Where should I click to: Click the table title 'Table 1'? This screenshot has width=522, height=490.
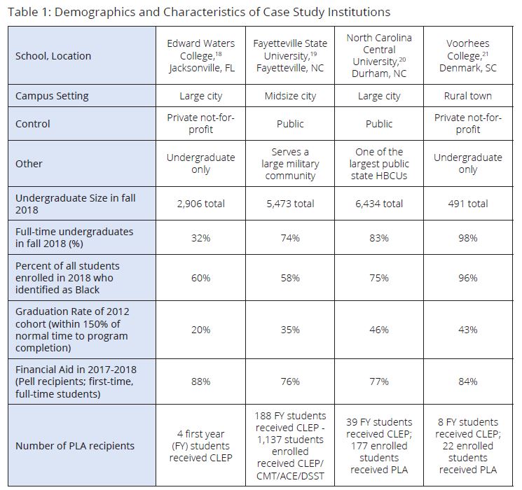[x=200, y=13]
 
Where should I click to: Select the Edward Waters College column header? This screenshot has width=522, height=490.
[x=200, y=56]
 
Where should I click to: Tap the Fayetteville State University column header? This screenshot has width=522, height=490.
[x=290, y=56]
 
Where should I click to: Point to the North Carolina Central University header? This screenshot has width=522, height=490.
[x=379, y=56]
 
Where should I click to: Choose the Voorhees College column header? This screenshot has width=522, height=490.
[x=468, y=56]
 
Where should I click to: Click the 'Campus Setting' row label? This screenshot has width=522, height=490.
[x=52, y=96]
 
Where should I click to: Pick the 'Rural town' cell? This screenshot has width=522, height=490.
[x=468, y=96]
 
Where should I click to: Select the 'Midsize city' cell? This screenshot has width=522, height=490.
[x=290, y=96]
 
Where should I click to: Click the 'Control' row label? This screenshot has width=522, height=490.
[x=33, y=124]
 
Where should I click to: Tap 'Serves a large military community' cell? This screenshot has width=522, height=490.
[x=290, y=164]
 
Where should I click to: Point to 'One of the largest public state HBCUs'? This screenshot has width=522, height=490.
[x=379, y=164]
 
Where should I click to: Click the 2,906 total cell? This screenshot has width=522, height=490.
[x=200, y=204]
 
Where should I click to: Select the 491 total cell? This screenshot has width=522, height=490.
[x=468, y=204]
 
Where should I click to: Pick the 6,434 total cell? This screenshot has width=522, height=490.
[x=379, y=204]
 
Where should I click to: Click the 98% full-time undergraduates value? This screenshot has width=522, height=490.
[x=468, y=238]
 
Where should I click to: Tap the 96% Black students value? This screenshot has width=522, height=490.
[x=468, y=278]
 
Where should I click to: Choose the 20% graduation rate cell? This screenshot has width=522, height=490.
[x=200, y=330]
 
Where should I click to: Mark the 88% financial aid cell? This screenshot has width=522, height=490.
[x=200, y=381]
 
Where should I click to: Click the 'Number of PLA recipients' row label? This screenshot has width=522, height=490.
[x=75, y=446]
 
